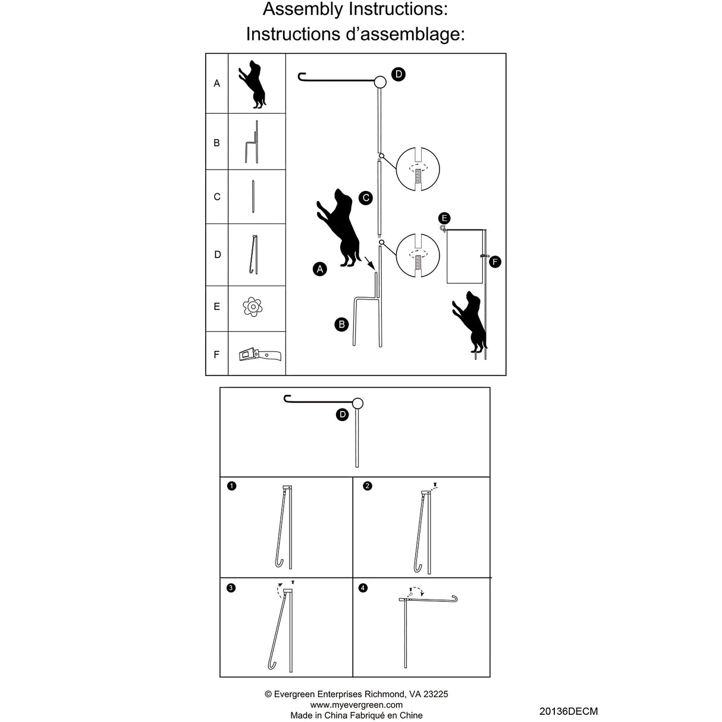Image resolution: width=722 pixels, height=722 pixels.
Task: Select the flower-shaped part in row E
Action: coord(253,307)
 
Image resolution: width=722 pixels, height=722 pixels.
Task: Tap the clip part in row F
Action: coord(259,355)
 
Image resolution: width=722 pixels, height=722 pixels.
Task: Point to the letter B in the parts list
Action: coord(216,143)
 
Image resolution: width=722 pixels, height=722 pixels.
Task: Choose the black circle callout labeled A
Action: coord(320,269)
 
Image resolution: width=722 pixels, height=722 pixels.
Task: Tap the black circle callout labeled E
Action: coord(444,218)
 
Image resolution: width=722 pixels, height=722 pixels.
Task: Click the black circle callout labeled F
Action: coord(495,262)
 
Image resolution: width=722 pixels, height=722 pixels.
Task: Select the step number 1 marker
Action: coord(231,486)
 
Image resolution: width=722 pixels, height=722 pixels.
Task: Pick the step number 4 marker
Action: coord(363,588)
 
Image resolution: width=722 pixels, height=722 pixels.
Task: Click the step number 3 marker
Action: coord(231,588)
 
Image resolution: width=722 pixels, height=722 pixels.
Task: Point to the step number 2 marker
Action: coord(368,486)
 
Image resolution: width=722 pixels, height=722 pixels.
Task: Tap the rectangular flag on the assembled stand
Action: coord(466,256)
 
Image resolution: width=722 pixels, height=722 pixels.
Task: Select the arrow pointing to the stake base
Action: coord(369,262)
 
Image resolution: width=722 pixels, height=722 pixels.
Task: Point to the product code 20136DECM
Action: coord(568,711)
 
